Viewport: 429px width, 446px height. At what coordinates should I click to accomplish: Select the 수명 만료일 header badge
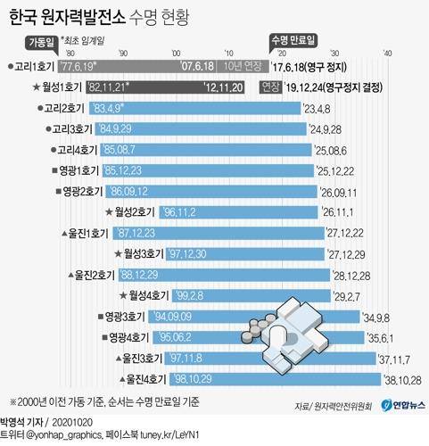(295, 42)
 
